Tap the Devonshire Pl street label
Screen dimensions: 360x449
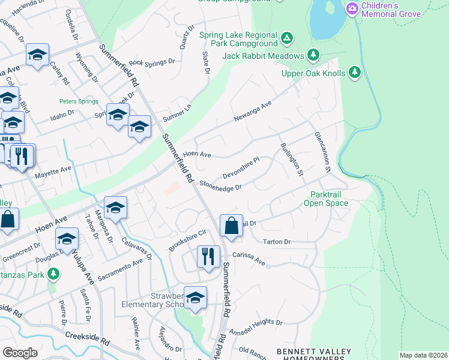(x=240, y=168)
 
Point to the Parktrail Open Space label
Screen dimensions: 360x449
(x=330, y=199)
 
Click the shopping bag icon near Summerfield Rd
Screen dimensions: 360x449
(x=231, y=226)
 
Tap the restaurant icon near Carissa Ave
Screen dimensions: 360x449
(x=208, y=256)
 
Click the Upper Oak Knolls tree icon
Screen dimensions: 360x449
(x=355, y=73)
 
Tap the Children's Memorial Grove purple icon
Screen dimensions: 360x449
(x=352, y=8)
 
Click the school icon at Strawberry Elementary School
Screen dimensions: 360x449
(x=195, y=297)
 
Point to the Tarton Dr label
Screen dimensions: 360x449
(x=277, y=242)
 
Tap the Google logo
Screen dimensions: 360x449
(x=20, y=352)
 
